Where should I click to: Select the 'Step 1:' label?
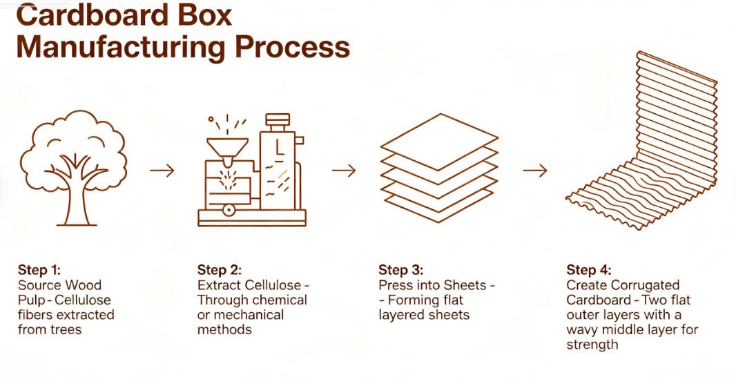point(39,270)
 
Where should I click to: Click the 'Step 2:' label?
point(219,270)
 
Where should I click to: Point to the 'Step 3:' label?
point(401,270)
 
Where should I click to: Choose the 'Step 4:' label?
point(589,270)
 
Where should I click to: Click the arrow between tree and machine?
point(162,171)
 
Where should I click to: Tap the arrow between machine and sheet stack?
point(344,171)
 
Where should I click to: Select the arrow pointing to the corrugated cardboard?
point(535,171)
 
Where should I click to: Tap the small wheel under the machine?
point(229,210)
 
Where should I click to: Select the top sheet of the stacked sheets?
point(439,140)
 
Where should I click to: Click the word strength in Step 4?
point(592,345)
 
